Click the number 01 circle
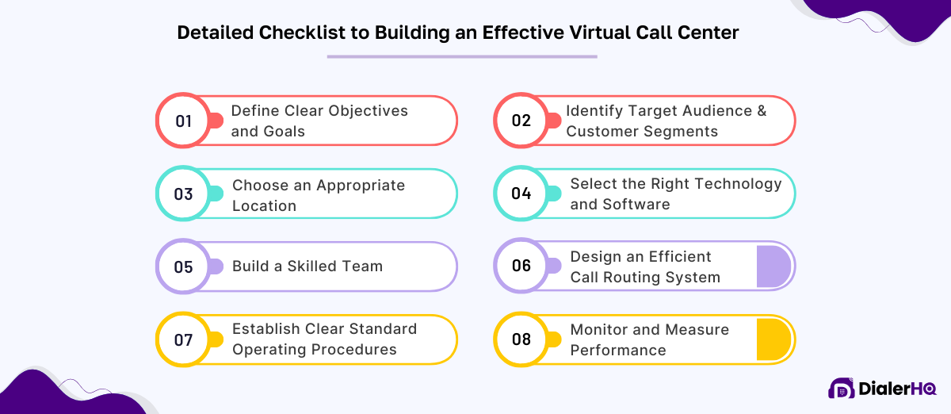coord(183,121)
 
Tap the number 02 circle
coord(521,121)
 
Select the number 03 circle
coord(183,194)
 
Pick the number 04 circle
coord(521,194)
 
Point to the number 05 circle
coord(183,266)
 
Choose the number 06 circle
coord(521,266)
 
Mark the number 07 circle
coord(183,339)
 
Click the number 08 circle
coord(521,339)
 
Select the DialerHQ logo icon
coord(841,389)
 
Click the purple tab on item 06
coord(773,266)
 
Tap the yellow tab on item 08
coord(773,339)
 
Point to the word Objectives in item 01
coord(368,111)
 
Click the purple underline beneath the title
coord(462,56)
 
